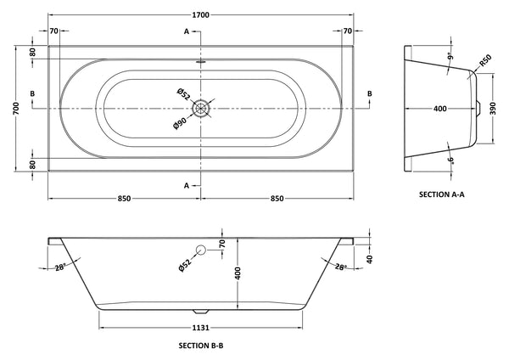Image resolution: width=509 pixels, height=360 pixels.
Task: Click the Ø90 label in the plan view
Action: (182, 123)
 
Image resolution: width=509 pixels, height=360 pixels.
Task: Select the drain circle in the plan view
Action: (200, 108)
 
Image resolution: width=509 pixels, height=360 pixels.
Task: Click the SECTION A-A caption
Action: (442, 194)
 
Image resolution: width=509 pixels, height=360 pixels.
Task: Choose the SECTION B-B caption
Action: (201, 346)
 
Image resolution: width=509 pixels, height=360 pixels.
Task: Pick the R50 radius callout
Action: (485, 62)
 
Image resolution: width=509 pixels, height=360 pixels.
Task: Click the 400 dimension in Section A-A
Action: (440, 109)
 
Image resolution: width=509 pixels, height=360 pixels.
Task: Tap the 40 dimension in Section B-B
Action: (371, 258)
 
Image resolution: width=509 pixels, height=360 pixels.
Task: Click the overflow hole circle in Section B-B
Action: (201, 250)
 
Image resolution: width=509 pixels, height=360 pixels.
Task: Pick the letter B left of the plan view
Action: (31, 93)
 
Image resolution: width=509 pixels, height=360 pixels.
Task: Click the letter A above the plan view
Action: (186, 31)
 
